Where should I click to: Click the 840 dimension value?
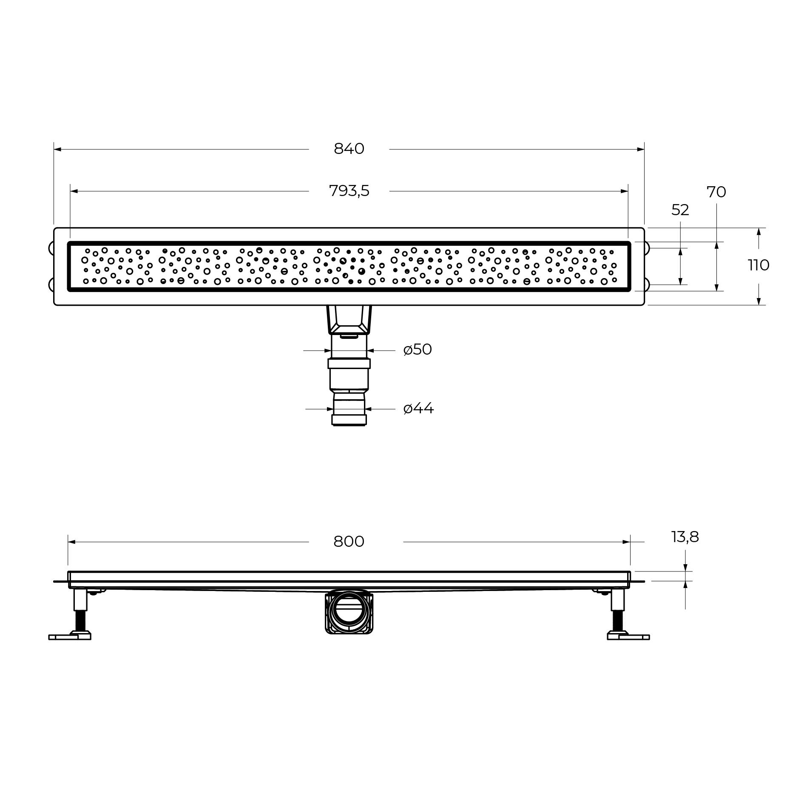click(349, 149)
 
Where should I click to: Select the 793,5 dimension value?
click(349, 191)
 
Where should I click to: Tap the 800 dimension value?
click(349, 541)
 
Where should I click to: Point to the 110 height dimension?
click(759, 265)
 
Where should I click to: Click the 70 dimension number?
click(716, 192)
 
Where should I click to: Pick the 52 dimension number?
click(680, 210)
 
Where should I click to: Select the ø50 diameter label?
click(418, 349)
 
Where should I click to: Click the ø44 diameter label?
click(418, 409)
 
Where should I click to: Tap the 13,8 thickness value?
click(685, 537)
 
